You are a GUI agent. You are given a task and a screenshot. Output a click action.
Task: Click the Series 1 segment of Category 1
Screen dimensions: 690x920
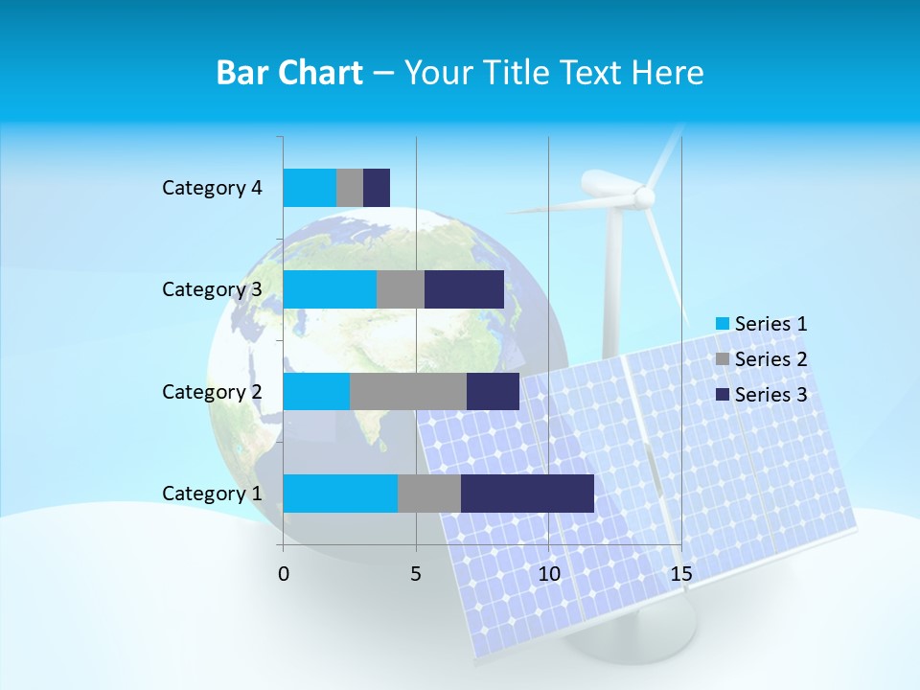(339, 493)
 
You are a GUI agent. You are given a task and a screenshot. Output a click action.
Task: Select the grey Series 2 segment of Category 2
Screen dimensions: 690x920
(407, 391)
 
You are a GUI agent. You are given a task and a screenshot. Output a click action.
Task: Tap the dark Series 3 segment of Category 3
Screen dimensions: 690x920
(464, 289)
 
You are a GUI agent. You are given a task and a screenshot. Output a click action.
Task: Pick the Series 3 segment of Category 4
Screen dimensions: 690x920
(377, 188)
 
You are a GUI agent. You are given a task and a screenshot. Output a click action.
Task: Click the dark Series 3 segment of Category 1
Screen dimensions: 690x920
(527, 493)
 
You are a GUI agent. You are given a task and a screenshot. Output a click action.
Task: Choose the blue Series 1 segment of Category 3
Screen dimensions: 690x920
(329, 289)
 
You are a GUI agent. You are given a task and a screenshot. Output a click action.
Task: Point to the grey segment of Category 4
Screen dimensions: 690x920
(350, 188)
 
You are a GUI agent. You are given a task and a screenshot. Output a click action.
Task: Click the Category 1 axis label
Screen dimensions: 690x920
(211, 494)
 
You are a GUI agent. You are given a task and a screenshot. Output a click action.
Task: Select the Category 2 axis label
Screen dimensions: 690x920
(211, 392)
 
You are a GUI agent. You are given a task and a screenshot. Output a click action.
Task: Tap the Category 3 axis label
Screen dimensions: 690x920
(211, 289)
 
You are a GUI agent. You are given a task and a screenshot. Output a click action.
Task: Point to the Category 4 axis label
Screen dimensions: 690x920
(211, 188)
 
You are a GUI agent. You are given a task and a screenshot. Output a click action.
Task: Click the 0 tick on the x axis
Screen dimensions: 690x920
(284, 574)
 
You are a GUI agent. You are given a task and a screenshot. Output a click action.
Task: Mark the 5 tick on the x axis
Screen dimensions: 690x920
(416, 574)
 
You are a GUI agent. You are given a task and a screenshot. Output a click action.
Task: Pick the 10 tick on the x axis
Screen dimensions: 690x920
(548, 574)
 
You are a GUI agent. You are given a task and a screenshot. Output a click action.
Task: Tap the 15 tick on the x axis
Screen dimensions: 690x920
(680, 574)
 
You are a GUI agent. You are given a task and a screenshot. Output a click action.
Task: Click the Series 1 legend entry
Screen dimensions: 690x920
(761, 324)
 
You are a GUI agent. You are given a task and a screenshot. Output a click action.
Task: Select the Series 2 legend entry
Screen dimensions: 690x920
(761, 359)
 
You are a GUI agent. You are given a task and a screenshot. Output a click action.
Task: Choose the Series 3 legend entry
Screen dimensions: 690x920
(761, 395)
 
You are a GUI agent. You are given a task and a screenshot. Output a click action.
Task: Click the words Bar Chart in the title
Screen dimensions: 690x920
(289, 73)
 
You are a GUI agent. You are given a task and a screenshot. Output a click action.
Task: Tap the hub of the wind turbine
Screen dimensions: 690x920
(644, 196)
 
